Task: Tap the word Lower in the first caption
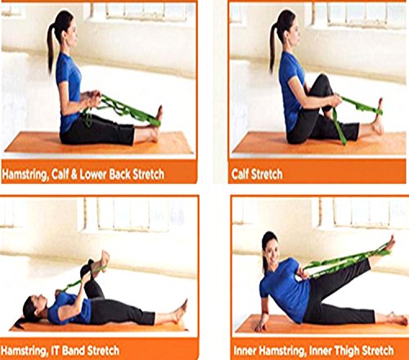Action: coord(92,174)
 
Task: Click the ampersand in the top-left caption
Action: coord(74,174)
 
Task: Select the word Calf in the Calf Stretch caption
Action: coord(240,173)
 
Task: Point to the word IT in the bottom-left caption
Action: coord(56,350)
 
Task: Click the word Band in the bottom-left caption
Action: coord(74,350)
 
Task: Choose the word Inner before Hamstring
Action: coord(245,350)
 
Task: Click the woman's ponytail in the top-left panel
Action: coord(51,47)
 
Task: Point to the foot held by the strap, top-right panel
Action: coord(378,117)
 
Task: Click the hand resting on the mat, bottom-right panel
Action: coord(260,326)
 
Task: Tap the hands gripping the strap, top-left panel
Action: coord(92,99)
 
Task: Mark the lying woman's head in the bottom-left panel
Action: coord(33,308)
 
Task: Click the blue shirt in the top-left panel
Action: coord(68,90)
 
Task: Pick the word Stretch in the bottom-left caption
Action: coord(104,350)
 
